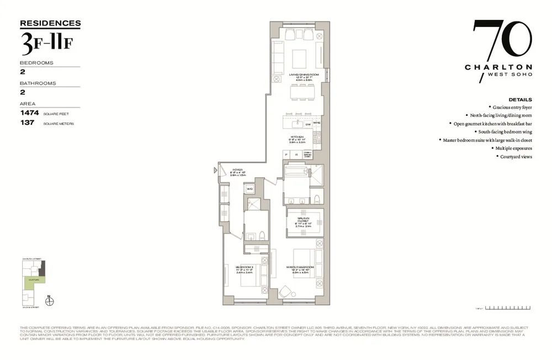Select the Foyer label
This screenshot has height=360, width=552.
pyautogui.click(x=237, y=170)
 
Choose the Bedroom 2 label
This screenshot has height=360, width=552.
pyautogui.click(x=245, y=267)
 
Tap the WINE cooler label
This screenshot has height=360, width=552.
pyautogui.click(x=317, y=123)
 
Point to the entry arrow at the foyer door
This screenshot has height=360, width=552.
pyautogui.click(x=216, y=171)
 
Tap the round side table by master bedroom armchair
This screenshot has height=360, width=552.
pyautogui.click(x=284, y=291)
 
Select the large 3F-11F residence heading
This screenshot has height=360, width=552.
pyautogui.click(x=45, y=44)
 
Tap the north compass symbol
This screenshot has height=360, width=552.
pyautogui.click(x=51, y=301)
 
